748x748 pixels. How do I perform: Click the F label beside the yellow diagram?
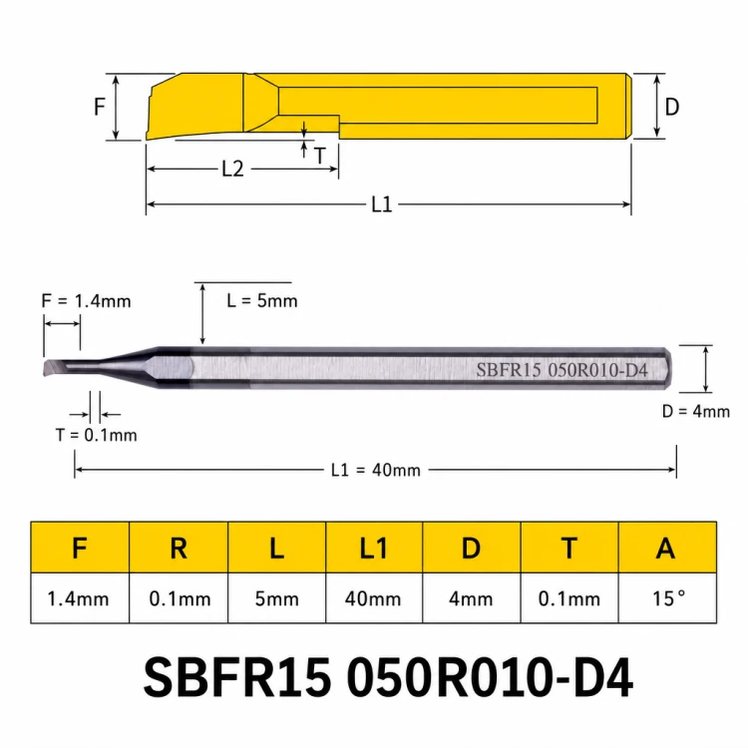coord(99,107)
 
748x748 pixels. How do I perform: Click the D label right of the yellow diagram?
coord(671,107)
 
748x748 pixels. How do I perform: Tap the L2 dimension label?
coord(232,169)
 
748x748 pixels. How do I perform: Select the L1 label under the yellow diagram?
coord(382,204)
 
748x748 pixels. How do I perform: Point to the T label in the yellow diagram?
coord(320,156)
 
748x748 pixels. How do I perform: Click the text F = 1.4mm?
coord(87,301)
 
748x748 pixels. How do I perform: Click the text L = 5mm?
coord(262,300)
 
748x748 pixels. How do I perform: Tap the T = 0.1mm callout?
coord(97,435)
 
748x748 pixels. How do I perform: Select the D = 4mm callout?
coord(696,411)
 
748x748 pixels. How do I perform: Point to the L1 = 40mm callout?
coord(376,470)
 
